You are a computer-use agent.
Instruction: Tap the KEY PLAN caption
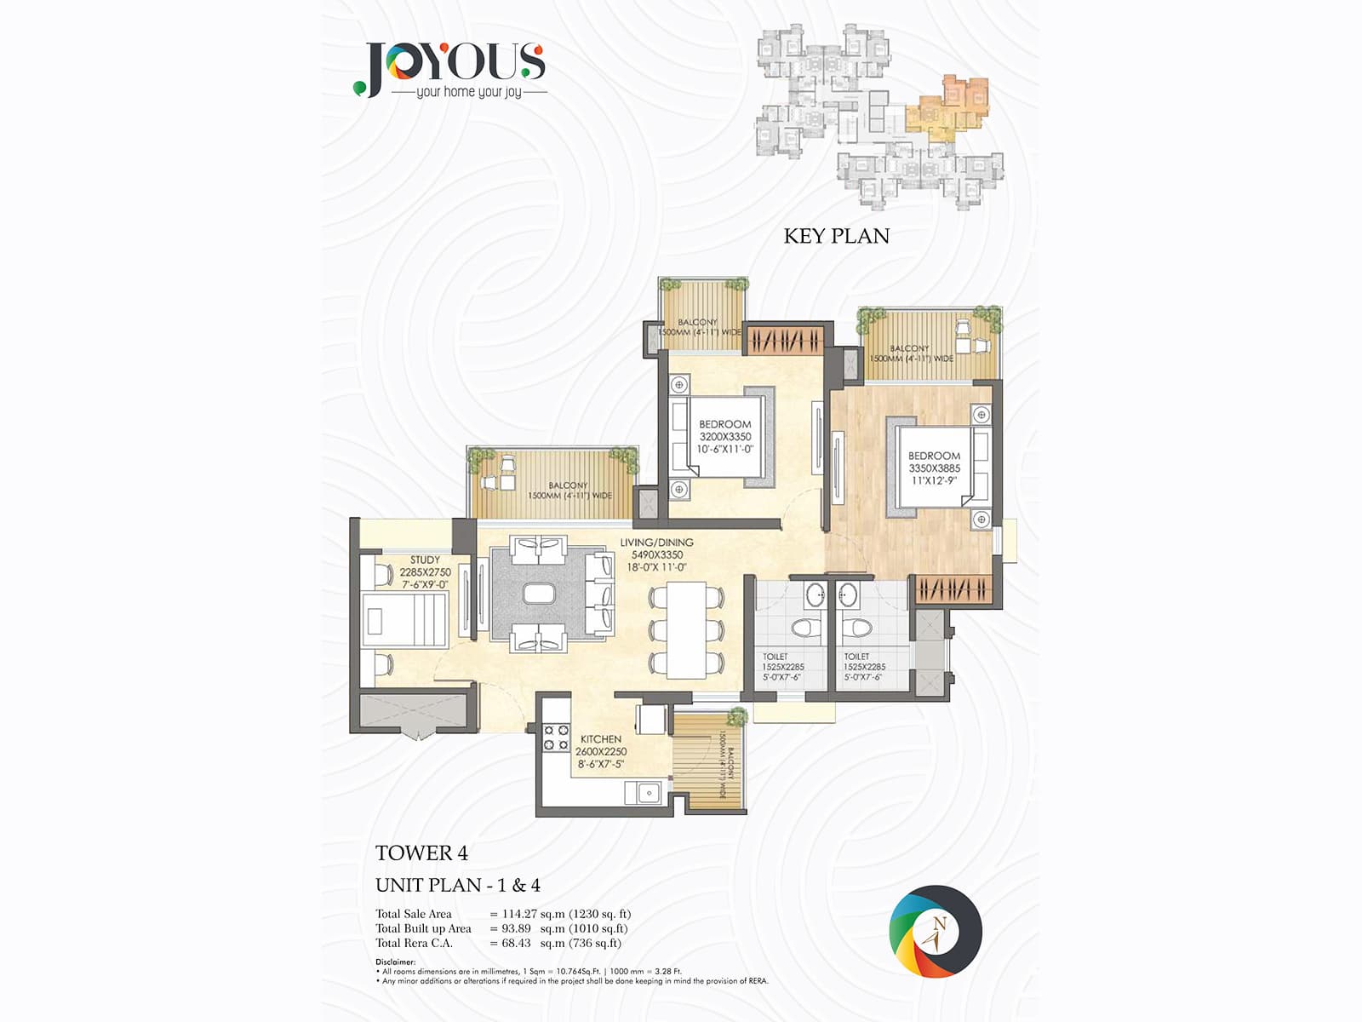tap(836, 236)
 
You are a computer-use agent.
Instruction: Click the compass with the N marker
tap(936, 931)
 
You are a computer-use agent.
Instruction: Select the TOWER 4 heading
tap(421, 853)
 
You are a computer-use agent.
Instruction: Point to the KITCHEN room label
tap(601, 739)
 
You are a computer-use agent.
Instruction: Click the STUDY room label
tap(425, 560)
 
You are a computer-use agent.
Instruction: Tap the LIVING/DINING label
tap(656, 543)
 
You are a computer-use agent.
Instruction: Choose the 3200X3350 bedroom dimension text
tap(725, 437)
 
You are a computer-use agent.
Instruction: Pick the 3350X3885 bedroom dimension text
tap(934, 468)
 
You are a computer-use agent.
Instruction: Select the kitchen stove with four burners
tap(556, 738)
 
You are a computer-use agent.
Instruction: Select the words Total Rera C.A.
tap(415, 943)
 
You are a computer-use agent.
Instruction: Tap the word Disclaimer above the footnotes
tap(396, 962)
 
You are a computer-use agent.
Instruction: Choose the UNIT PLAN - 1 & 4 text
tap(458, 885)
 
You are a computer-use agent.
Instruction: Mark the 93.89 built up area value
tap(516, 928)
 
